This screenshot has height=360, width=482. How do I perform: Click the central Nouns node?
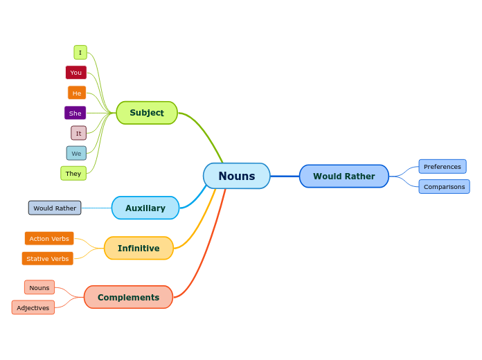236,176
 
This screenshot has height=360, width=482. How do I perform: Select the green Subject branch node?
147,113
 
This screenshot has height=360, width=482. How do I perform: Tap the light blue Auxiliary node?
145,208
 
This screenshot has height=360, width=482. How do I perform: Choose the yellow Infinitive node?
139,248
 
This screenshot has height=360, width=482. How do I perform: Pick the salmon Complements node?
128,297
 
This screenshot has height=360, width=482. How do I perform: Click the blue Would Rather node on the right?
343,176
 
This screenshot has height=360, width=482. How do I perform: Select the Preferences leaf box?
442,166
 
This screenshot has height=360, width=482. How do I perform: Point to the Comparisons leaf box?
444,186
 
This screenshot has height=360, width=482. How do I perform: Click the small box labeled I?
80,53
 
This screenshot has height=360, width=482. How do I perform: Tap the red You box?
76,73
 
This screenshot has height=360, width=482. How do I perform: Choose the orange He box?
77,93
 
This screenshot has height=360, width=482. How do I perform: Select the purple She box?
75,113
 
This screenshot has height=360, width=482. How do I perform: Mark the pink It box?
78,133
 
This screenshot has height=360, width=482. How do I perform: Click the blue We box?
76,153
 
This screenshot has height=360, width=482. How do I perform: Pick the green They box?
73,173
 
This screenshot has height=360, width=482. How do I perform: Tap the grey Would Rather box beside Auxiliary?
55,208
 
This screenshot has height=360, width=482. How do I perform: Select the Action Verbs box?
49,238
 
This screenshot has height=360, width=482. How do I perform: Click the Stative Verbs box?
48,258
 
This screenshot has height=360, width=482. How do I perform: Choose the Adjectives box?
33,307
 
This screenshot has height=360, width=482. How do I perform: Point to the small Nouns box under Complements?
39,287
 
